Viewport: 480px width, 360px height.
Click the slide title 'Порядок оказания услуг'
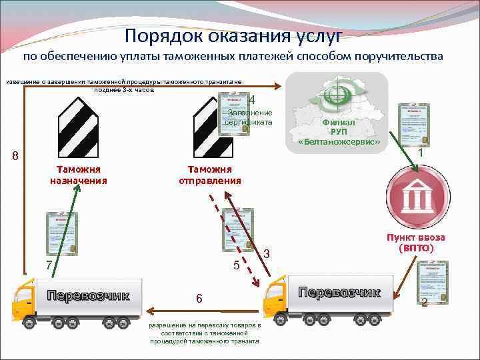tap(233, 35)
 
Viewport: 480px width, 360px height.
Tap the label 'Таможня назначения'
tap(79, 175)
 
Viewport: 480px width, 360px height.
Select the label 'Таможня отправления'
tap(210, 175)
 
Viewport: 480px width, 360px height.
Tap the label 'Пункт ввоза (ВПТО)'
tap(417, 243)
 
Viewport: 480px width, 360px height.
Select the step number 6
tap(199, 298)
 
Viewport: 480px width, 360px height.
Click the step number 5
tap(236, 265)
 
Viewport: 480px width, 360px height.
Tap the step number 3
tap(266, 253)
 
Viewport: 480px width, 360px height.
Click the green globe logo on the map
tap(333, 95)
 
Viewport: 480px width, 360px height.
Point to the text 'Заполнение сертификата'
tap(249, 117)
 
